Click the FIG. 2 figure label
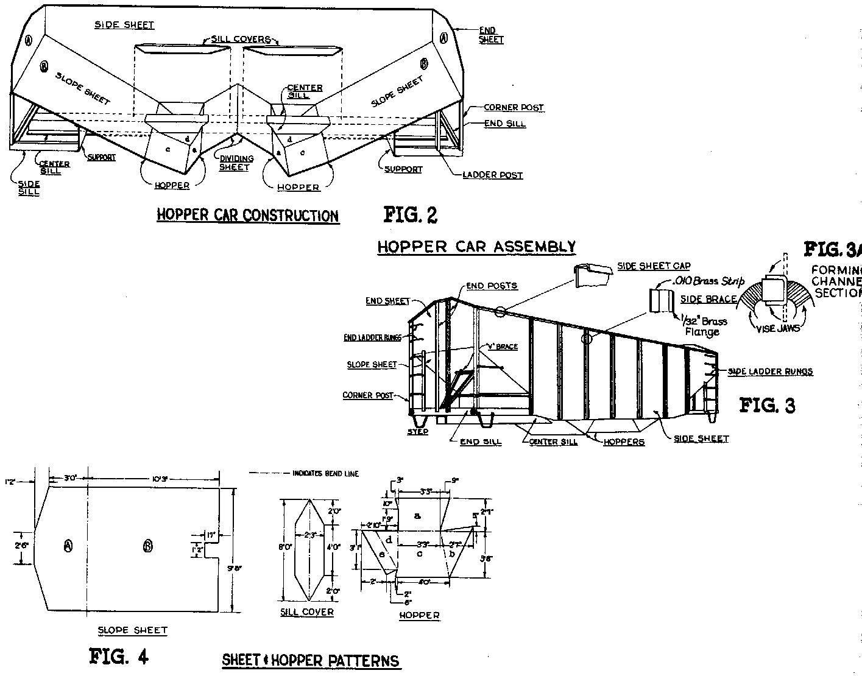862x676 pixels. [x=410, y=215]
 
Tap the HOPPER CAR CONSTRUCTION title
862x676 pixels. [x=247, y=216]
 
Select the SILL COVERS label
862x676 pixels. [x=241, y=40]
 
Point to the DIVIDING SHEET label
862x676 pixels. [x=235, y=163]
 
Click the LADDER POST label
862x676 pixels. [x=493, y=175]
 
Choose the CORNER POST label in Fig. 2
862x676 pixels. [x=514, y=108]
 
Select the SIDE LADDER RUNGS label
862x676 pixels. [x=770, y=371]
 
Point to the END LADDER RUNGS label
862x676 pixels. [x=372, y=338]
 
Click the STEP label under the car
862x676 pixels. [x=418, y=432]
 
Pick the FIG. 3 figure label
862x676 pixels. [x=767, y=406]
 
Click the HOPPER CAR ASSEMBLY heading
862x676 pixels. [x=476, y=247]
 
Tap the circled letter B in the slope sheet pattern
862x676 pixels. [x=147, y=546]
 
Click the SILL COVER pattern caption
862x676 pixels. [x=307, y=612]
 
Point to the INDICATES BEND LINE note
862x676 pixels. [x=325, y=474]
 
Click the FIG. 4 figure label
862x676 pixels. [x=119, y=656]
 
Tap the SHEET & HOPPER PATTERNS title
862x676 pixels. [x=311, y=660]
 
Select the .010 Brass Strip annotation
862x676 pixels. [x=707, y=282]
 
